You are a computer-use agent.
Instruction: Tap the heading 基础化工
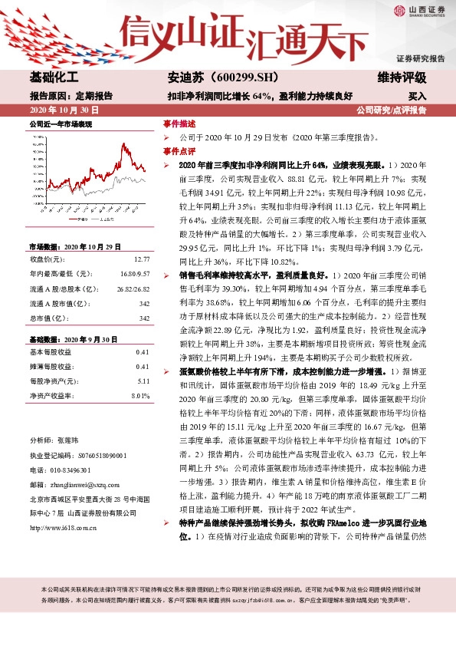click(x=54, y=78)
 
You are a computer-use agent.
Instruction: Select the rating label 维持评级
click(x=402, y=78)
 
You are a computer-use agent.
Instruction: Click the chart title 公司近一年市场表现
click(x=61, y=124)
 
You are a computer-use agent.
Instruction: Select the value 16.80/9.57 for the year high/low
click(x=133, y=273)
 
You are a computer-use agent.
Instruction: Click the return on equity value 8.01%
click(x=139, y=395)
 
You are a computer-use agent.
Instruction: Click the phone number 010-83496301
click(x=67, y=470)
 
